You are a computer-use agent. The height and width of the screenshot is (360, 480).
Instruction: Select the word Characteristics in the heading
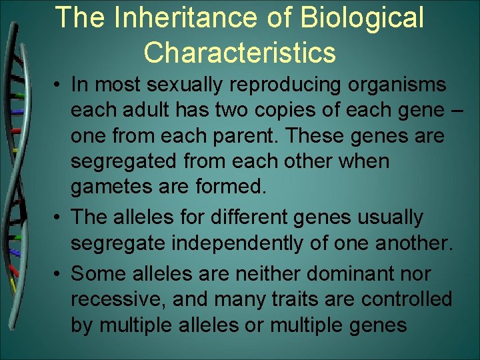(x=239, y=52)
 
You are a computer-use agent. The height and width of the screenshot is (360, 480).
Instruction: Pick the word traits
(x=293, y=299)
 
